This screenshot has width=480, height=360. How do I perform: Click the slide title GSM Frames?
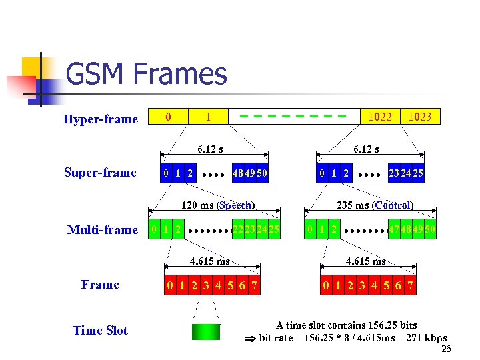tap(147, 75)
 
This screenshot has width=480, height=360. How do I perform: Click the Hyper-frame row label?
tap(100, 119)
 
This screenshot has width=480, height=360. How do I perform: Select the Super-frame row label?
tap(100, 173)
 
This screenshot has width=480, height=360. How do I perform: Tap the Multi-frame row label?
tap(102, 230)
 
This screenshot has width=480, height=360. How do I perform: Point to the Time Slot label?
tap(100, 331)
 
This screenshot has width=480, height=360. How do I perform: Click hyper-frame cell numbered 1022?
tap(380, 117)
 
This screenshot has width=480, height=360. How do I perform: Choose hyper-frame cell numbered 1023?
tap(419, 117)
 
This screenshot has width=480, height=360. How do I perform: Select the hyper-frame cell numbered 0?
tap(168, 117)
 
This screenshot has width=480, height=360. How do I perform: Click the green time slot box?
tap(205, 331)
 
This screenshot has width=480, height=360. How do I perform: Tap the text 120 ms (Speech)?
tap(219, 205)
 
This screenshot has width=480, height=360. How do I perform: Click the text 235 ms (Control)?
tap(375, 205)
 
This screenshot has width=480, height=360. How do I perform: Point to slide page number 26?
tap(446, 350)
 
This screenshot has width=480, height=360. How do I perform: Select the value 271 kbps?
tap(427, 338)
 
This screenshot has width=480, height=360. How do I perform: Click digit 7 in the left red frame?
tap(253, 287)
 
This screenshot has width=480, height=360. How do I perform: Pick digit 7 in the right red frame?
tap(410, 287)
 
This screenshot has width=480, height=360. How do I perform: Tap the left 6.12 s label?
tap(209, 149)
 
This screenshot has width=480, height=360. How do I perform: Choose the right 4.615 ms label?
tap(366, 261)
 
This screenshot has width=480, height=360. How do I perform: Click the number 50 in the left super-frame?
tap(262, 173)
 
